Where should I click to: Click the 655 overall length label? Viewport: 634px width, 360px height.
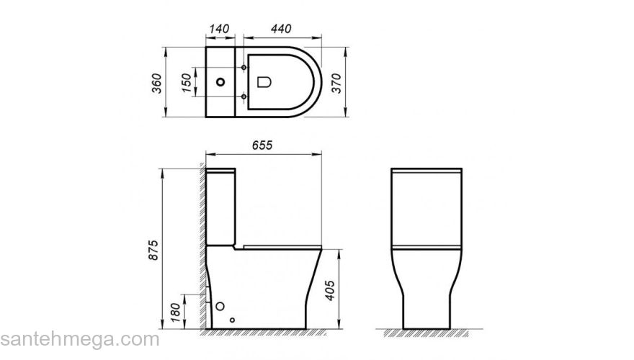pos(262,145)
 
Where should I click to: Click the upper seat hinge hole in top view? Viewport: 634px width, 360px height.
pos(246,68)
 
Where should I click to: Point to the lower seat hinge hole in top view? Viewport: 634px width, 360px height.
pos(246,96)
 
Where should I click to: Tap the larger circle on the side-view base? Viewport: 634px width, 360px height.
pos(219,307)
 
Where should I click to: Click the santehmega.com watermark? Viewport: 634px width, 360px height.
pos(79,339)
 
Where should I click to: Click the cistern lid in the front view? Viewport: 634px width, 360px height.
pos(426,171)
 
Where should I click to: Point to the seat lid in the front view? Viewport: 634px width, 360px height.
pos(426,247)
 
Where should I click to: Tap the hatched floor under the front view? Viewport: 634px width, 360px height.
pos(426,333)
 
